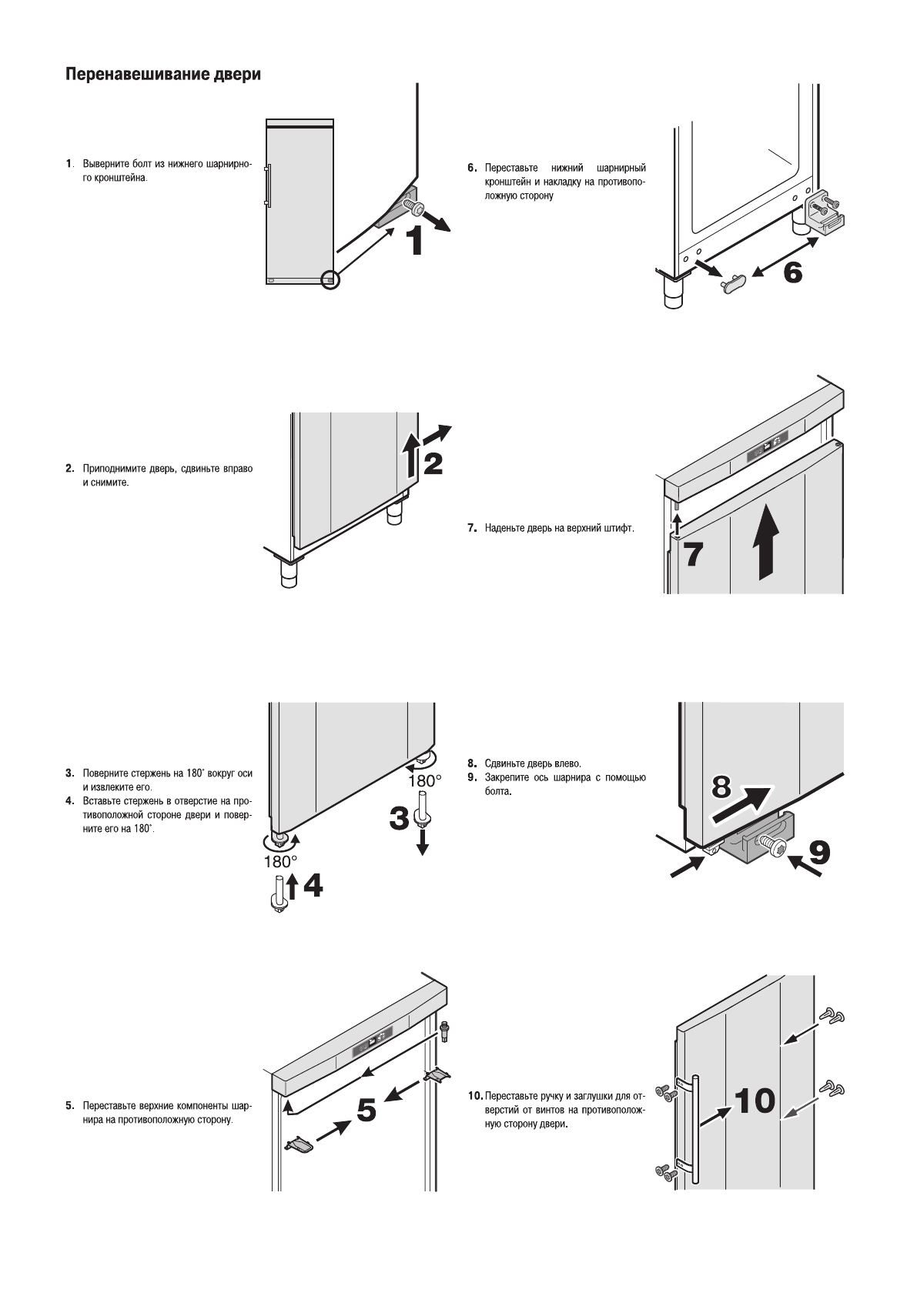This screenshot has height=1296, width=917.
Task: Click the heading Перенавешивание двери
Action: coord(163,75)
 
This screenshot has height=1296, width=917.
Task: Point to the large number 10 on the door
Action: coord(755,1101)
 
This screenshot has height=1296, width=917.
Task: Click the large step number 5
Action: coord(366,1109)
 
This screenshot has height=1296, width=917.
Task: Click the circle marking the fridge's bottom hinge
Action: coord(330,280)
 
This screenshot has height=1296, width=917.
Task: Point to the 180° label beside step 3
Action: coord(425,780)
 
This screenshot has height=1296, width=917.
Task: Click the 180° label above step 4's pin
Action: coord(281,862)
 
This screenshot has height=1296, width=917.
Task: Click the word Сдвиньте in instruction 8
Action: coord(504,763)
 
